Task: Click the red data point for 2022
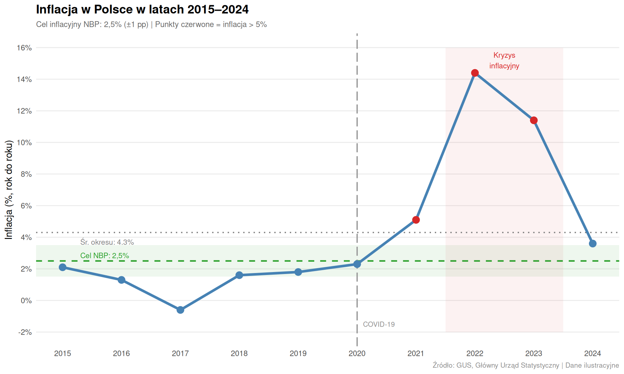tap(475, 73)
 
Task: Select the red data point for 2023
tap(534, 120)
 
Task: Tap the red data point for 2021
tap(416, 220)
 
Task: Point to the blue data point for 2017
tap(180, 310)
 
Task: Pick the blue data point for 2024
tap(592, 243)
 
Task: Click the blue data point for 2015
tap(63, 267)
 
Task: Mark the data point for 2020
tap(357, 264)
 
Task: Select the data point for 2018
tap(239, 275)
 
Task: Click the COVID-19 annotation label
tap(379, 324)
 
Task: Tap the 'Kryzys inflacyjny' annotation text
tap(504, 60)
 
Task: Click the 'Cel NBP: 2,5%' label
tap(105, 256)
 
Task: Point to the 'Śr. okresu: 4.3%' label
tap(107, 242)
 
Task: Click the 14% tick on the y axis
tap(24, 80)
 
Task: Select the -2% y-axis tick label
tap(25, 332)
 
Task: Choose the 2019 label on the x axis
tap(298, 353)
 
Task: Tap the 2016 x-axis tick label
tap(121, 353)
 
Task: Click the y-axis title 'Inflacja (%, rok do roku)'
tap(9, 190)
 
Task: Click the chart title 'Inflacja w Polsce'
tap(142, 9)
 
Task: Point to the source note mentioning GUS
tap(526, 365)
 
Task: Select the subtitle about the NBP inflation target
tap(151, 25)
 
